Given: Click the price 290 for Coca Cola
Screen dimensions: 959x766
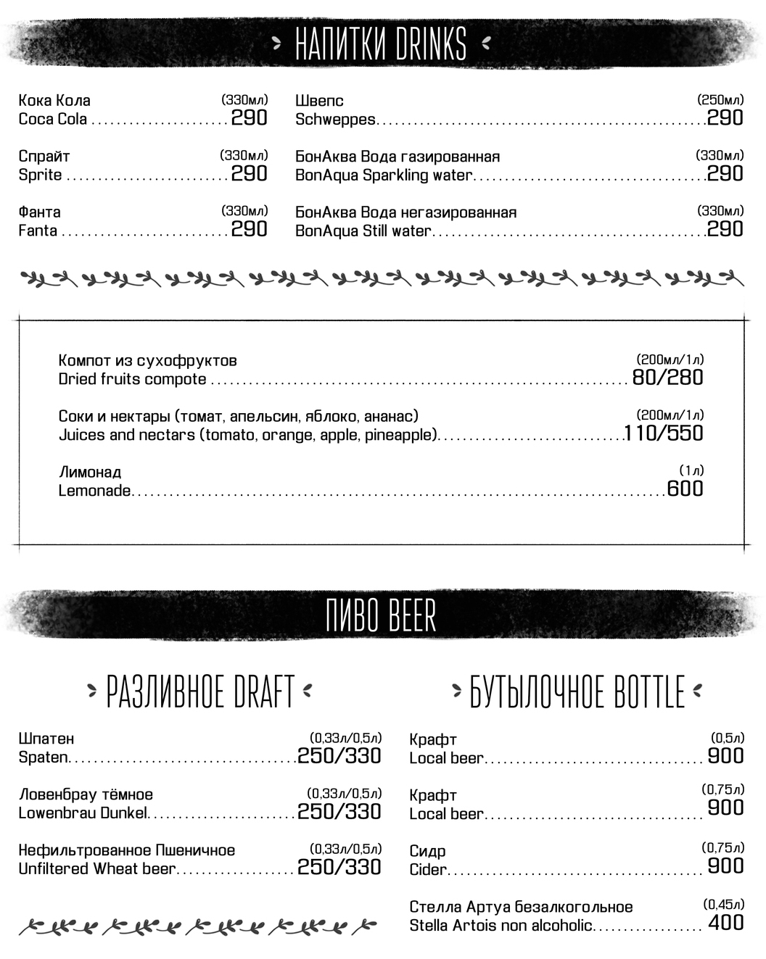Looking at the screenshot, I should (249, 117).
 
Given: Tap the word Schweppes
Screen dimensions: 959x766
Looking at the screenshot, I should (335, 120).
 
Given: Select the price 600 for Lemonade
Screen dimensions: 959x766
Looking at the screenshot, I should (685, 489).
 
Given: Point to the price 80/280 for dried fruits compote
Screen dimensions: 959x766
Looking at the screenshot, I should (667, 378).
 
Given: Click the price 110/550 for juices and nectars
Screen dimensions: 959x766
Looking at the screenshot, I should (664, 433).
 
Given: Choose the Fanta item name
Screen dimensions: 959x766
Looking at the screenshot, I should (38, 231).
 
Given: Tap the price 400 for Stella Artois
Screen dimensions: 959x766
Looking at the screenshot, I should (725, 923).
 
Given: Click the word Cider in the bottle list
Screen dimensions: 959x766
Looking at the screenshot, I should (428, 869).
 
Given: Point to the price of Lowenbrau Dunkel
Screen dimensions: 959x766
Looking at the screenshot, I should (339, 812).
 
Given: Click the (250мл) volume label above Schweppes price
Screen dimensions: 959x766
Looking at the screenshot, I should (720, 100).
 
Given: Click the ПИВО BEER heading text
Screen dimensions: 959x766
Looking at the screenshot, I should (382, 617).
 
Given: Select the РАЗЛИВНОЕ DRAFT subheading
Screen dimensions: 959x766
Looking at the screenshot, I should (200, 692).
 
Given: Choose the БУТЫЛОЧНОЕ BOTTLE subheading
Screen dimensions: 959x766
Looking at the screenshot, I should (577, 692).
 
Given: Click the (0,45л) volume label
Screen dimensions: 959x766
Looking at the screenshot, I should (723, 904).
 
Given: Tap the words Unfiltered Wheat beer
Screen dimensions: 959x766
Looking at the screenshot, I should (97, 869).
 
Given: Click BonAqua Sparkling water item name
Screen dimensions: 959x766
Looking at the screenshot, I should (384, 175).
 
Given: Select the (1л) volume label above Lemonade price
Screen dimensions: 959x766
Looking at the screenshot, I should (691, 470).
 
